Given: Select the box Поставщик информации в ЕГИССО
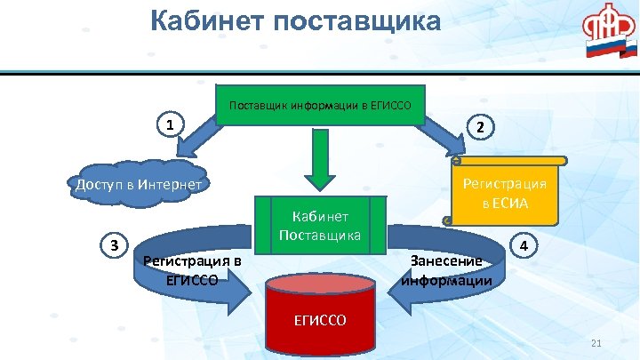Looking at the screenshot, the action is (x=320, y=106).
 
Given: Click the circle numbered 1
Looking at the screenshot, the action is (x=169, y=124).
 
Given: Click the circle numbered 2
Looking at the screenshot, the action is (x=480, y=127).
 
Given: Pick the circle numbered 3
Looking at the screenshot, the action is (x=114, y=244).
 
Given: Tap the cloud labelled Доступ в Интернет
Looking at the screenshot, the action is (x=141, y=184).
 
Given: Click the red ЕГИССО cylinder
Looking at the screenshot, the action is (x=320, y=316).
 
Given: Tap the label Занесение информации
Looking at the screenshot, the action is (x=446, y=270).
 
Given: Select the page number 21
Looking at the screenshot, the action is (x=596, y=344).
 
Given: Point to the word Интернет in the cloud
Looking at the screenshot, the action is (x=170, y=184).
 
